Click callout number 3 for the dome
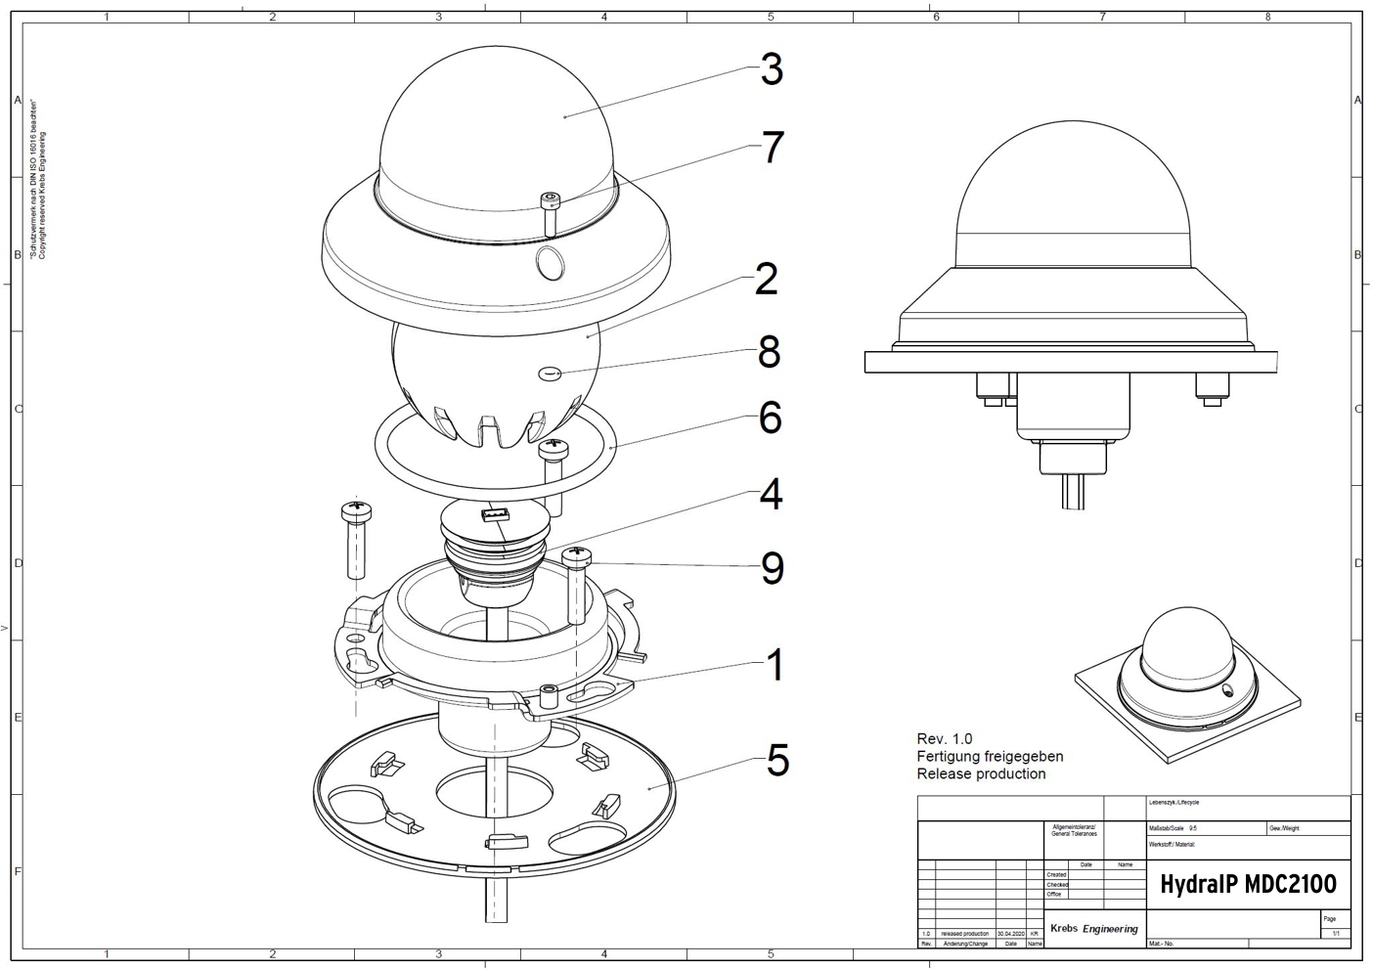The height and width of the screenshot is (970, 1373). pos(772,70)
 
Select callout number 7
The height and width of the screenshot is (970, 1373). pos(772,148)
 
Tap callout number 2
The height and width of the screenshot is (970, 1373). pos(766,280)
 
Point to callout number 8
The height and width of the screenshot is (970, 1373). pos(769,352)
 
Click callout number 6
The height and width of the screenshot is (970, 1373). pos(770,418)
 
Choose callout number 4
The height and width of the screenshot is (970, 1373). pos(771,495)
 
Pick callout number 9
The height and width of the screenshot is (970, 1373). pos(772,568)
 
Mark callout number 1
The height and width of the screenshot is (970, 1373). pos(775,665)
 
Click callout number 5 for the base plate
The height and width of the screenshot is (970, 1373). pos(776,761)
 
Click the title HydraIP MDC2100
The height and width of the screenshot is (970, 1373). pos(1247,885)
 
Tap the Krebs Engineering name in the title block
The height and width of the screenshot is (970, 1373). pos(1093,928)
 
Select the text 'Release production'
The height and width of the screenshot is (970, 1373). pos(981,773)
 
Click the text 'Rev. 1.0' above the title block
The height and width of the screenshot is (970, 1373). pos(944,738)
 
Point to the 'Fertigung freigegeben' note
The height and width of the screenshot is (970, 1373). pos(990,756)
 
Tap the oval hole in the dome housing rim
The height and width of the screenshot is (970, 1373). pos(551,262)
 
